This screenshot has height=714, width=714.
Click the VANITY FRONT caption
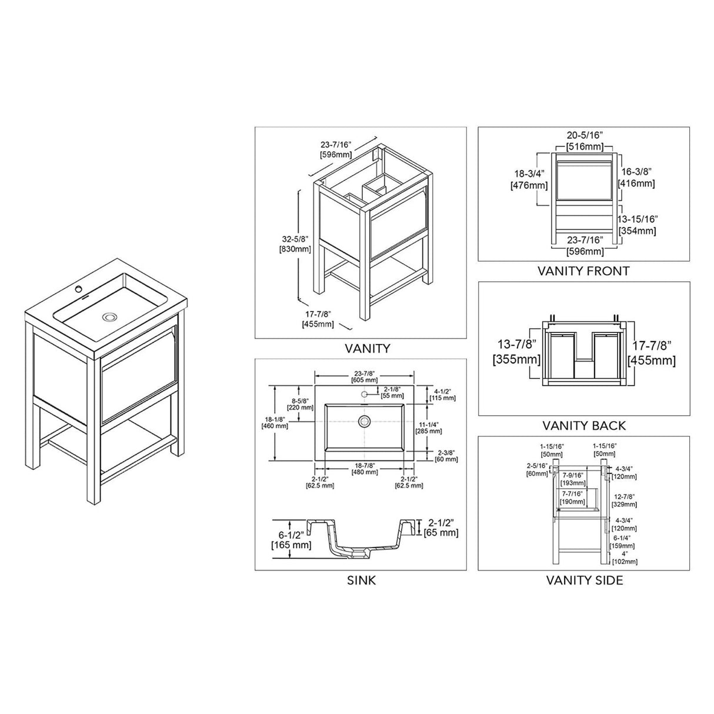pos(583,271)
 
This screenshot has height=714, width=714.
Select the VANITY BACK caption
pos(583,425)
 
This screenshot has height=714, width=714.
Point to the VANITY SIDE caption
pos(584,580)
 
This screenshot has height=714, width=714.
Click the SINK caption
pos(361,580)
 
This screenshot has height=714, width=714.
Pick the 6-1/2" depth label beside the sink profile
pos(291,540)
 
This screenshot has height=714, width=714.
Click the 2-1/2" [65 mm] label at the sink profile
pos(441,528)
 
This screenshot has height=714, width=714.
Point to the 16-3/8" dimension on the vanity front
pos(638,177)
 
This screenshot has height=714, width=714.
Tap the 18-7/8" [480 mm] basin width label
pos(365,468)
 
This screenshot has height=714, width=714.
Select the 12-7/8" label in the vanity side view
pos(623,501)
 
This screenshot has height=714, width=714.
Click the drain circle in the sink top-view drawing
pos(365,421)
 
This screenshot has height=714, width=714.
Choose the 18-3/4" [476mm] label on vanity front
pos(529,179)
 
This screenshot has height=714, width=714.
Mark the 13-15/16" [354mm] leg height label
pos(638,224)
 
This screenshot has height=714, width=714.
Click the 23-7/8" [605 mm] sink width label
pos(365,376)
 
